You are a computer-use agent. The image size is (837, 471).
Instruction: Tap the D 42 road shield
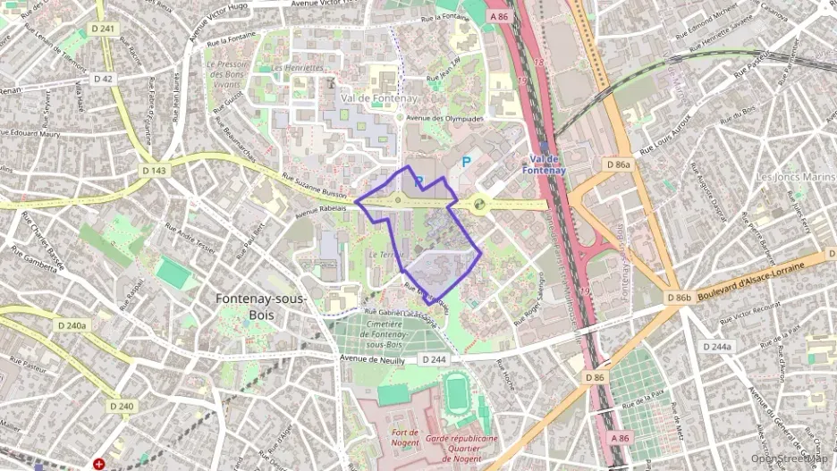click(x=105, y=80)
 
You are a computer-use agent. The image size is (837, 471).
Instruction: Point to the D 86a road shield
click(x=618, y=165)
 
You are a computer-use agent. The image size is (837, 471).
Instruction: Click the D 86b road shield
click(x=679, y=298)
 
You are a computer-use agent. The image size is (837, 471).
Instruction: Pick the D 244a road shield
click(x=716, y=347)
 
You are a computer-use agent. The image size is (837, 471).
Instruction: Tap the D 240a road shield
click(x=72, y=325)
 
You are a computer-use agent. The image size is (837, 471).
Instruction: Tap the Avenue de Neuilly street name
click(x=372, y=358)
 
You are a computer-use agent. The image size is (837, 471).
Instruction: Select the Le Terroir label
click(x=386, y=255)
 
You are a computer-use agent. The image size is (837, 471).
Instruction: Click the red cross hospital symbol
click(x=98, y=465)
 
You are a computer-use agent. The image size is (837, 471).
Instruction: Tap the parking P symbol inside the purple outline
click(x=418, y=181)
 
